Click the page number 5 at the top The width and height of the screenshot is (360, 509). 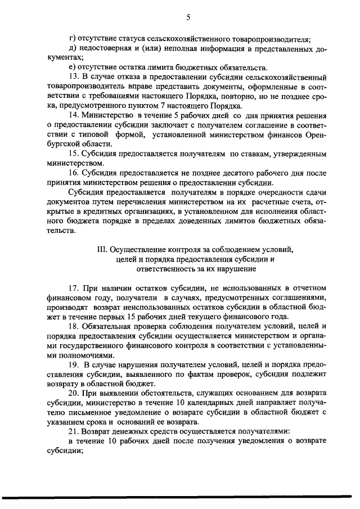click(x=188, y=17)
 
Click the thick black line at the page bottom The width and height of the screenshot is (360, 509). click(x=180, y=497)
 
